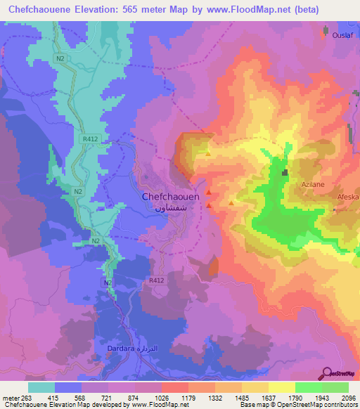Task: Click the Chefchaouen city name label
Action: (x=171, y=197)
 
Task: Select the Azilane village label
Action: (x=312, y=183)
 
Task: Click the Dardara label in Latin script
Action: (x=119, y=348)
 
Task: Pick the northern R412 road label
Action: (x=89, y=139)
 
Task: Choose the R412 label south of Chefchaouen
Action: (x=156, y=280)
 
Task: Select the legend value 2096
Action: (x=349, y=398)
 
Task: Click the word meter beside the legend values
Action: (x=10, y=398)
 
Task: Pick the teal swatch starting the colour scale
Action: (x=41, y=387)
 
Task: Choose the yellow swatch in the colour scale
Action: (x=281, y=387)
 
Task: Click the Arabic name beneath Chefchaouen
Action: (x=172, y=209)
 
